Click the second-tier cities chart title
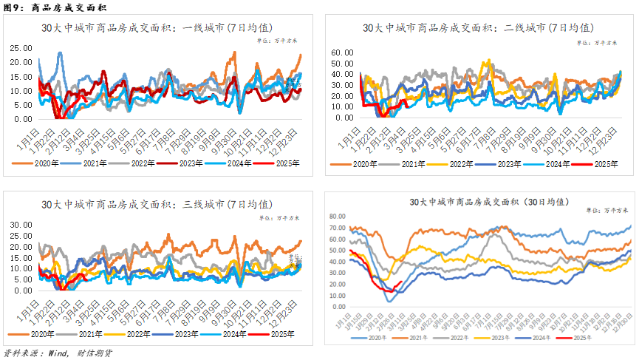(x=479, y=28)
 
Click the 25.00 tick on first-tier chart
(x=20, y=48)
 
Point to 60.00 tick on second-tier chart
(x=345, y=53)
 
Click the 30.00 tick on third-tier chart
(x=20, y=224)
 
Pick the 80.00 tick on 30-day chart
(x=338, y=217)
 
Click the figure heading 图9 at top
(x=16, y=8)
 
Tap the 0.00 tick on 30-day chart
(x=340, y=307)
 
